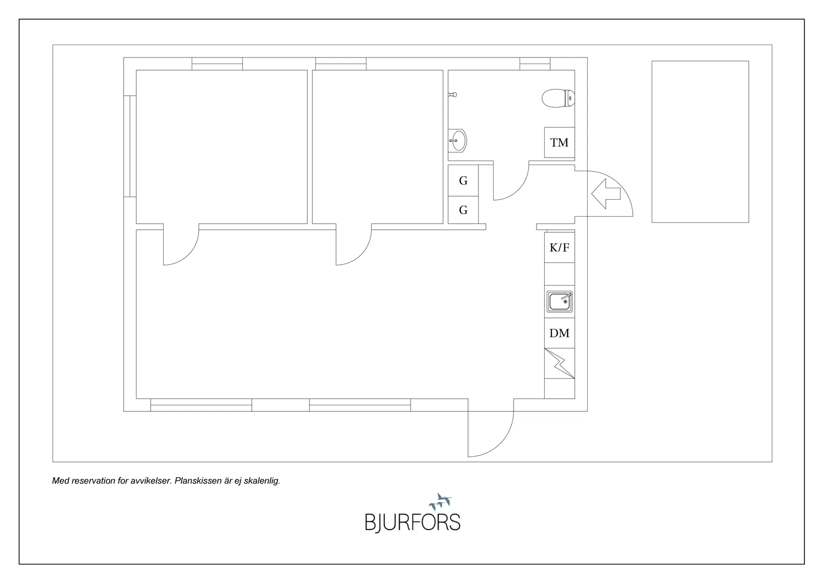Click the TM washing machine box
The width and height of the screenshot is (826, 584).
coord(559,143)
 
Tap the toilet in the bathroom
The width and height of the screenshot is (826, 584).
coord(558,98)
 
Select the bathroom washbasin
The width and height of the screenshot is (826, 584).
coord(458,141)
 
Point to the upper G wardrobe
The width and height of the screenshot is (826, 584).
coord(463,180)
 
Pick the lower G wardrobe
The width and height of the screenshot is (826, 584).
coord(463,210)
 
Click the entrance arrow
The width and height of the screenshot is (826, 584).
coord(606,194)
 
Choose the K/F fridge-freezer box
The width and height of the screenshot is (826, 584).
coord(559,247)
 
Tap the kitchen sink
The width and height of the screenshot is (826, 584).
coord(559,302)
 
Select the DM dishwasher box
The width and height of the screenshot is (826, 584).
coord(559,333)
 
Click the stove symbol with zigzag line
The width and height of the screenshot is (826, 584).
coord(559,363)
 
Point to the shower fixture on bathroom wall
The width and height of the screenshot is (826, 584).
coord(453,95)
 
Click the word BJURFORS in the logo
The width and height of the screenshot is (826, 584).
coord(412,522)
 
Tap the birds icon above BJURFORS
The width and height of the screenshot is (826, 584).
coord(441,501)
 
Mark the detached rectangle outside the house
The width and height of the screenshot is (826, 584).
coord(700,142)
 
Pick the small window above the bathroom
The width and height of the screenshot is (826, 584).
coord(535,64)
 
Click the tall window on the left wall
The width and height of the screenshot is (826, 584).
coord(130,146)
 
